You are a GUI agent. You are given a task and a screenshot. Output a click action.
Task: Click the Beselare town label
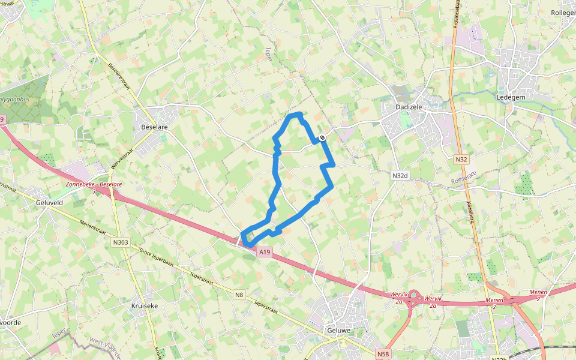(x=154, y=128)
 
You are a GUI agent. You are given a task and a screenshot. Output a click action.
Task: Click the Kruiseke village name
(x=144, y=305)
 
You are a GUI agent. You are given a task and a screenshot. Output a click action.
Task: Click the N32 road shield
(x=461, y=160)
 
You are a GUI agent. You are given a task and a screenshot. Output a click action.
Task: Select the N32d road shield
(x=400, y=176)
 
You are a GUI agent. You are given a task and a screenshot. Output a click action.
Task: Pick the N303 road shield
(x=120, y=242)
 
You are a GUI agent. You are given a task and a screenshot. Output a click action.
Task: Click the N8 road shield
(x=239, y=294)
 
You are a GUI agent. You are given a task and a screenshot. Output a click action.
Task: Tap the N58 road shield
(x=383, y=354)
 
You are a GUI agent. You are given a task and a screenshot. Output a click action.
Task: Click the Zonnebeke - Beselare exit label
(x=90, y=186)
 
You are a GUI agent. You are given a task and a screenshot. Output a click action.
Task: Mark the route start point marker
(x=322, y=138)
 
